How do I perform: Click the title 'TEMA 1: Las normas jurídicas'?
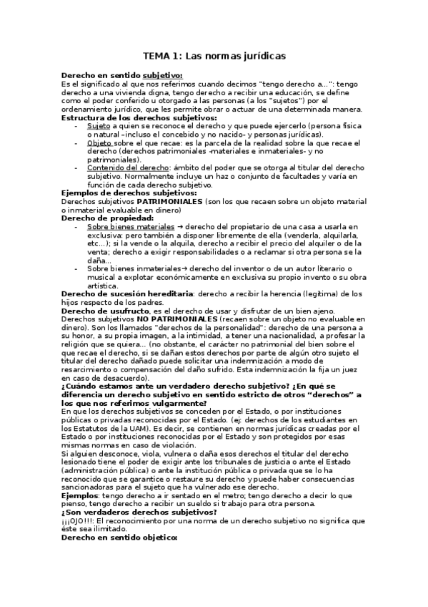coord(214,55)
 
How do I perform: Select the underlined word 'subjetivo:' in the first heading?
coord(162,75)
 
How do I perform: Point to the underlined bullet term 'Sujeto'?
coord(99,125)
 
